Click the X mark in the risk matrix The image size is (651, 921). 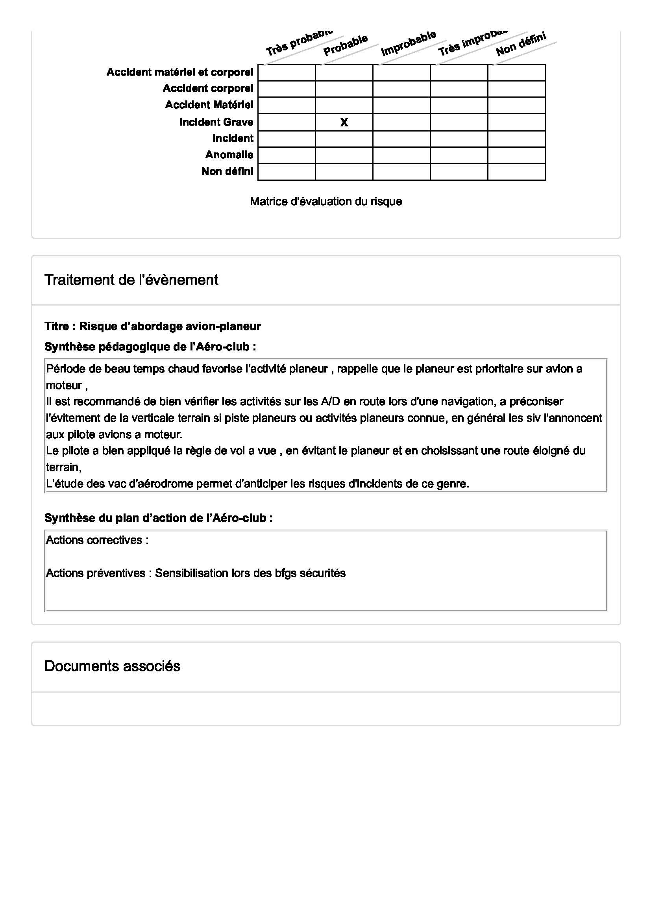344,122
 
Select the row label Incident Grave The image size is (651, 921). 216,122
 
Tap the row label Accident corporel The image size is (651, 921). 208,88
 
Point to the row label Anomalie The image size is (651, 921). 229,155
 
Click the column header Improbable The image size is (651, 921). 408,43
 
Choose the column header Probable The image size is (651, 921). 346,45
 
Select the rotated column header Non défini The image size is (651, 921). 521,44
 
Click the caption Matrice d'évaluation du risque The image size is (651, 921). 325,201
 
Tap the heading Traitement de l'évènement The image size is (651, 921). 131,280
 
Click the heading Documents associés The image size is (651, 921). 112,666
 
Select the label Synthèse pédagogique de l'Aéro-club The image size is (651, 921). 150,347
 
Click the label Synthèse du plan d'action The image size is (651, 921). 158,518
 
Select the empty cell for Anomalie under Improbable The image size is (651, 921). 401,155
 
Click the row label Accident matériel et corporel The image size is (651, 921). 179,72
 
